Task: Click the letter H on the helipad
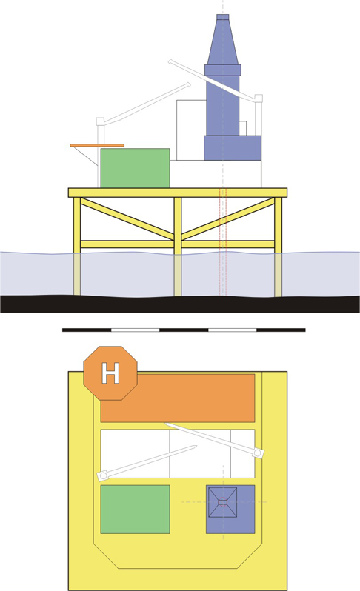[110, 373]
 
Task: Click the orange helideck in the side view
[97, 145]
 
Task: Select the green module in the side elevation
[135, 168]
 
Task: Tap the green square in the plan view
[135, 510]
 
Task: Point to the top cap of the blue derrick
[223, 17]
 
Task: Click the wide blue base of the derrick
[233, 148]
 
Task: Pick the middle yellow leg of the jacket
[178, 225]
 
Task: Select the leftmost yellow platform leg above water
[77, 225]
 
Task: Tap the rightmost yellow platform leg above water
[279, 225]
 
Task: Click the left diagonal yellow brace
[127, 219]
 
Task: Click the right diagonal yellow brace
[228, 219]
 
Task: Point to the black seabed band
[180, 304]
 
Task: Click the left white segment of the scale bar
[136, 330]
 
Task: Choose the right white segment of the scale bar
[233, 330]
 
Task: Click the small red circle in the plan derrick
[222, 501]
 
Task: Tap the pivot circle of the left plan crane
[103, 476]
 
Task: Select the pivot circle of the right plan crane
[258, 453]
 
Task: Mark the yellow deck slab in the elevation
[178, 193]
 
